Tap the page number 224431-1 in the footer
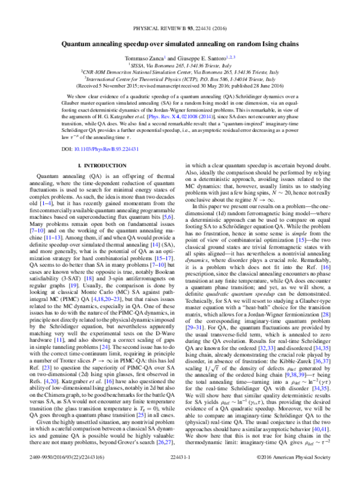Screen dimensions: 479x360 coord(179,473)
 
